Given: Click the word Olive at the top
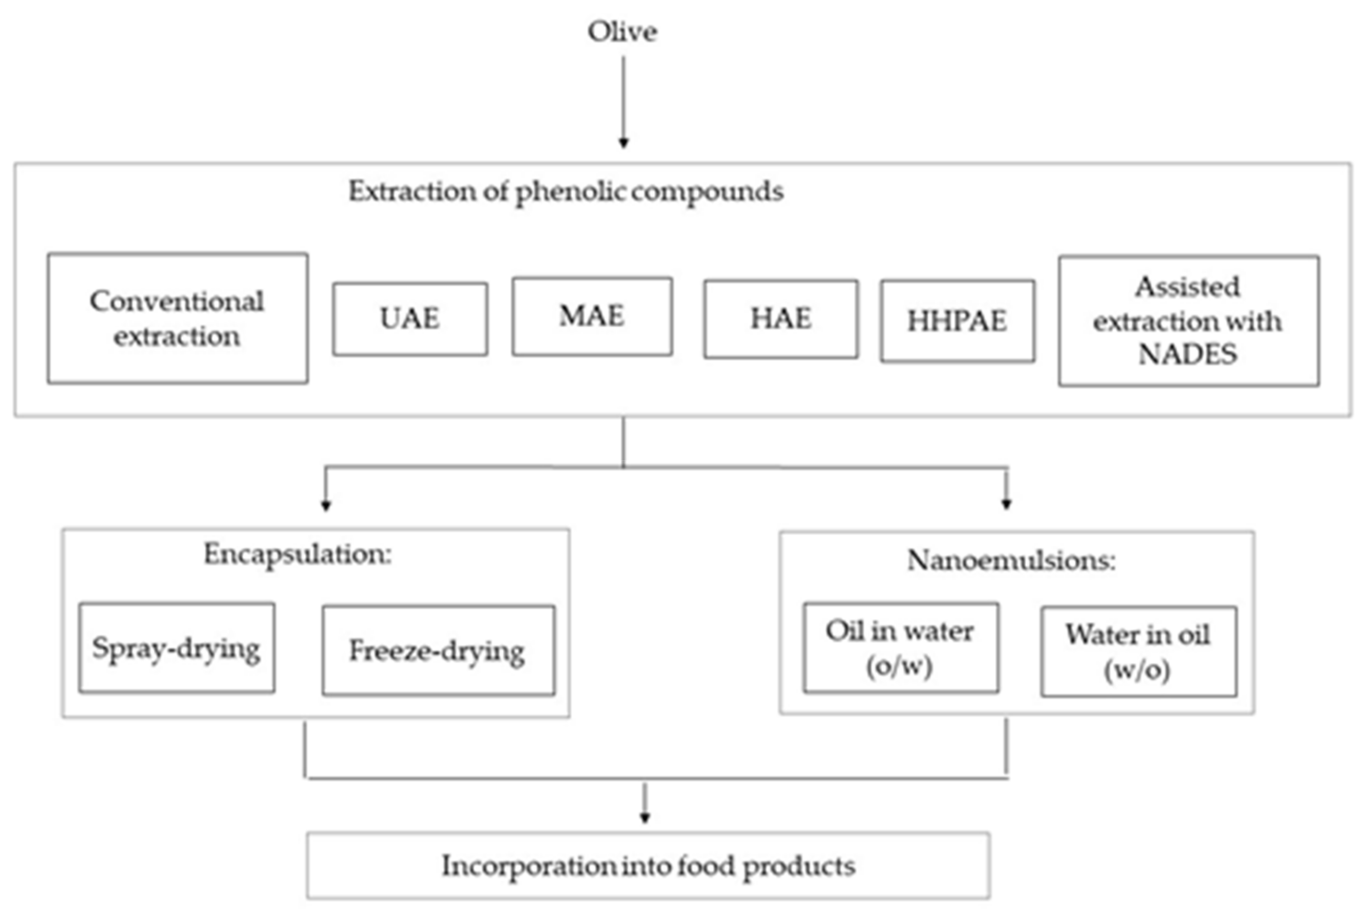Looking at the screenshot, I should pyautogui.click(x=622, y=32).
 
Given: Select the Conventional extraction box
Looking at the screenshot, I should pyautogui.click(x=178, y=318).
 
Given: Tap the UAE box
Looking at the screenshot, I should pyautogui.click(x=410, y=319).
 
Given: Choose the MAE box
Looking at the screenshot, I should pyautogui.click(x=592, y=317).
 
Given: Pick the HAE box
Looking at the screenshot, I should pyautogui.click(x=780, y=319).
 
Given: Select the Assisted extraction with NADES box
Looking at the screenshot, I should pyautogui.click(x=1188, y=321).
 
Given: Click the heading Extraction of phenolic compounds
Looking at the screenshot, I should pyautogui.click(x=566, y=191).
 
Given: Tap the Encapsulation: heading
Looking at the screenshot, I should pyautogui.click(x=298, y=554).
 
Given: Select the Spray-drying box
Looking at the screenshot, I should pyautogui.click(x=176, y=648).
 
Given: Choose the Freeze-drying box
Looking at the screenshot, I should pyautogui.click(x=438, y=651).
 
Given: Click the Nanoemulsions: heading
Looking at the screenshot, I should pyautogui.click(x=1011, y=561).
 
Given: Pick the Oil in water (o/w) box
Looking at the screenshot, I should pyautogui.click(x=900, y=648).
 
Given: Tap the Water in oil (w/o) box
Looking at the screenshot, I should pyautogui.click(x=1138, y=651).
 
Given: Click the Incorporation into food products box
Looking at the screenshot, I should pyautogui.click(x=648, y=866).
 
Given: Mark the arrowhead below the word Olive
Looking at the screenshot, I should pyautogui.click(x=623, y=143).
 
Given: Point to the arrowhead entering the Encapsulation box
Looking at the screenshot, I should pyautogui.click(x=326, y=505).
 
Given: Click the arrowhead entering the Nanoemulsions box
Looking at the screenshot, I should pyautogui.click(x=1007, y=504).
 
